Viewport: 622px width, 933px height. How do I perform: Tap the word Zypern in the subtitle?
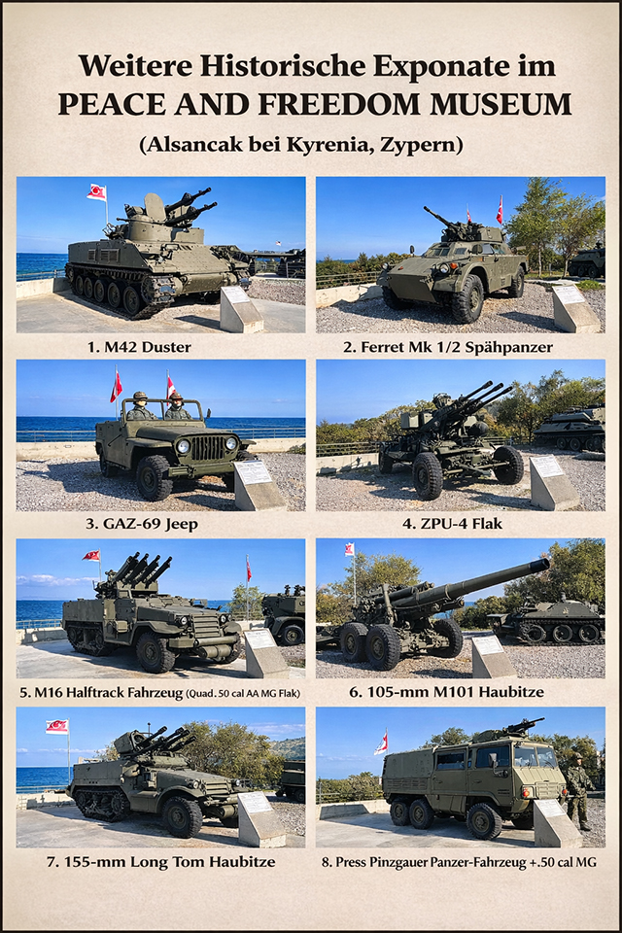click(x=427, y=145)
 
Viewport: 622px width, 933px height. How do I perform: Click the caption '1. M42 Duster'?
click(x=139, y=347)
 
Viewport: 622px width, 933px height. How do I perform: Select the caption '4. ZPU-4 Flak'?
click(x=452, y=524)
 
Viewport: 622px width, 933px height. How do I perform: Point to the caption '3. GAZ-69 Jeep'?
click(x=142, y=524)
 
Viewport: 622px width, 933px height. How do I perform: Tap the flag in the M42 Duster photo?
click(x=96, y=192)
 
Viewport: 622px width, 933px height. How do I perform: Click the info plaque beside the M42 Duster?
click(x=240, y=308)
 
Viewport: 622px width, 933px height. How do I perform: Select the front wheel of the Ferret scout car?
click(x=467, y=298)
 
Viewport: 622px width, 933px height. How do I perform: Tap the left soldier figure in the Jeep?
click(x=139, y=406)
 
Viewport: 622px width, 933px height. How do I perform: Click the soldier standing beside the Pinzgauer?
click(x=578, y=791)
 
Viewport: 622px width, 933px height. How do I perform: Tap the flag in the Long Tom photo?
click(x=57, y=727)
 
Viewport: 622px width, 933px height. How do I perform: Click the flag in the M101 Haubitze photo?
click(x=350, y=550)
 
